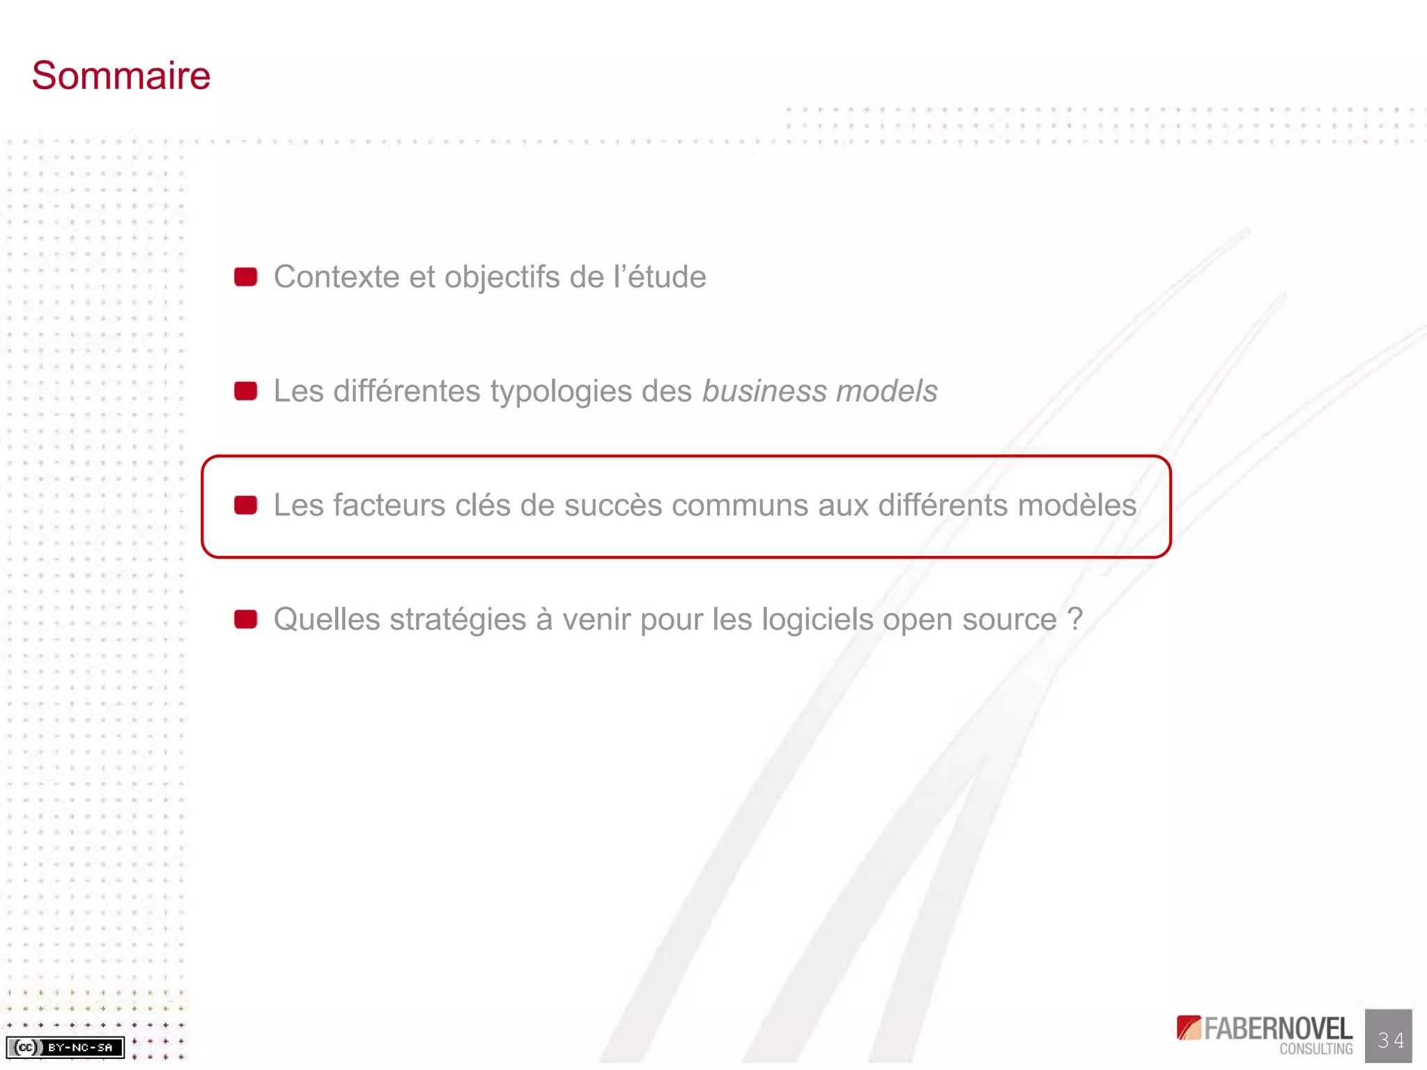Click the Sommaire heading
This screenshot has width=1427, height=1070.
click(121, 75)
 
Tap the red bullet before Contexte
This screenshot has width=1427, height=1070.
click(245, 277)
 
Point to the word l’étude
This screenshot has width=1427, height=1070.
click(660, 277)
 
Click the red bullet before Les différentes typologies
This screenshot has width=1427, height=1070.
click(245, 391)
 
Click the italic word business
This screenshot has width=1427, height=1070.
click(764, 391)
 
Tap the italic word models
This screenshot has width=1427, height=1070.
click(886, 391)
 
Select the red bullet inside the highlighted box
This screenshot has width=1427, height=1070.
click(245, 505)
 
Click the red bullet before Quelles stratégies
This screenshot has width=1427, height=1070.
click(245, 619)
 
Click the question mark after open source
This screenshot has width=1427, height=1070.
click(1074, 620)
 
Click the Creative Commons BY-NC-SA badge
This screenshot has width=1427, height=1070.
click(65, 1047)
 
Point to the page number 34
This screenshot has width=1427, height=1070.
click(1390, 1040)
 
